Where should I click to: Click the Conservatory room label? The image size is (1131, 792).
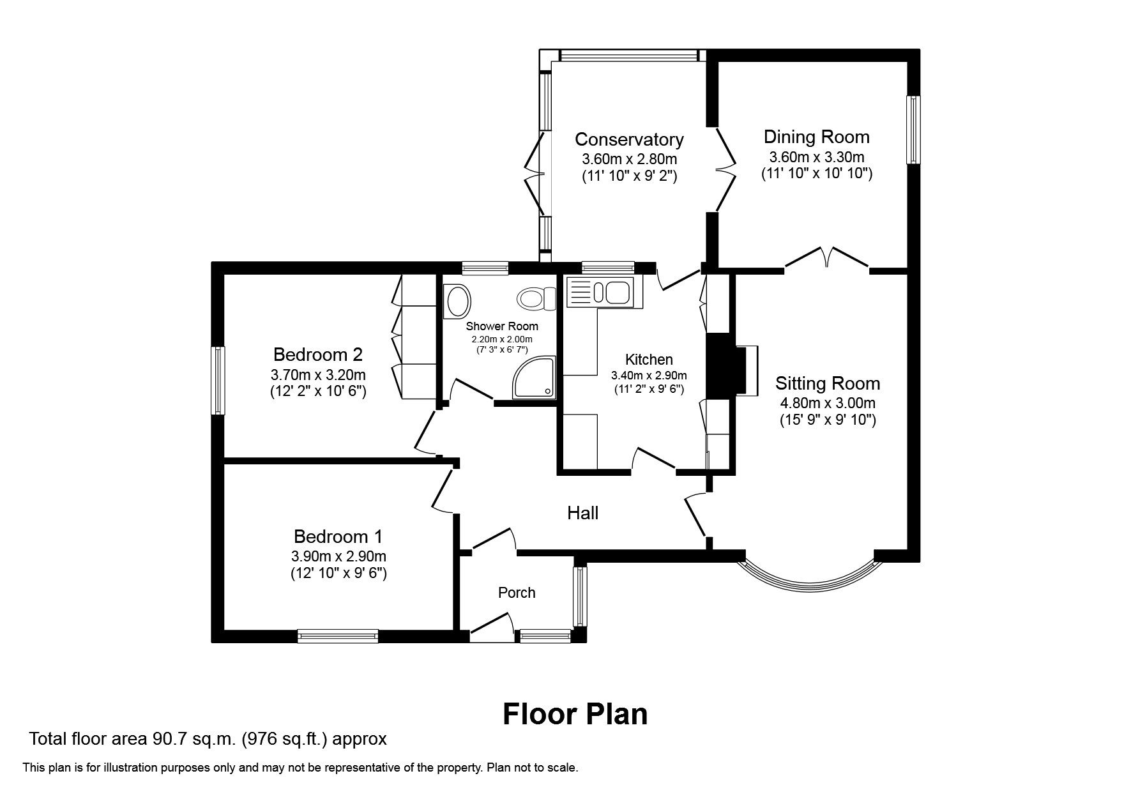(x=629, y=139)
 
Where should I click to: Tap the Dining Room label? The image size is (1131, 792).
(x=816, y=137)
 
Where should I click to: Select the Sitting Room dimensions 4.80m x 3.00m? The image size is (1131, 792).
(x=827, y=403)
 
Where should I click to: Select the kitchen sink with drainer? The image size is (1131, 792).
(x=599, y=293)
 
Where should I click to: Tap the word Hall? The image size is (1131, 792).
(x=582, y=513)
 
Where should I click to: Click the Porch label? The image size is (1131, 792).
(x=516, y=593)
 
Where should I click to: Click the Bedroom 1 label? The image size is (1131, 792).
(x=338, y=536)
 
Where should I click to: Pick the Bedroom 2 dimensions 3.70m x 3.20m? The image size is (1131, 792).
(x=317, y=374)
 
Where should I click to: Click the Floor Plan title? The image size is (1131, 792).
(x=575, y=714)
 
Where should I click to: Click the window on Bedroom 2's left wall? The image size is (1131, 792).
(x=218, y=381)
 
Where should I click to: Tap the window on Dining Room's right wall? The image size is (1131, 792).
(x=913, y=130)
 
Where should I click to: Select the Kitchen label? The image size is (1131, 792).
(x=649, y=360)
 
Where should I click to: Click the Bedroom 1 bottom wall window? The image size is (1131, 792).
(x=338, y=636)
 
